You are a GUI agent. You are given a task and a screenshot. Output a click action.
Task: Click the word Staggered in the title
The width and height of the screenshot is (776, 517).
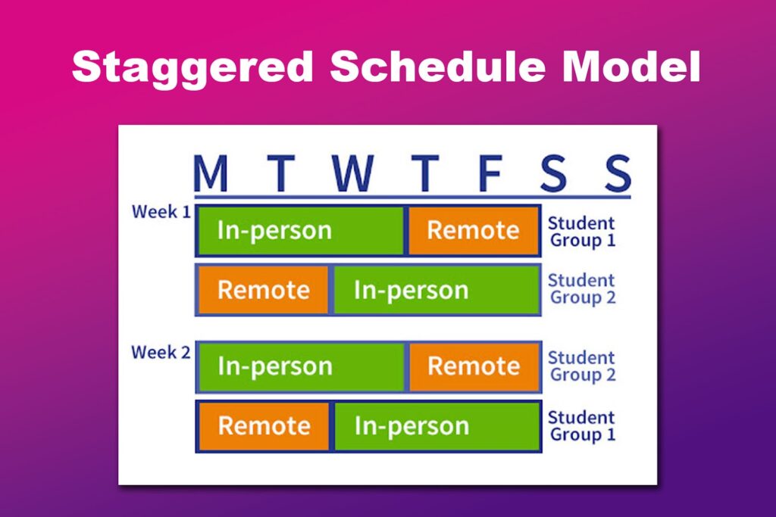pos(192,67)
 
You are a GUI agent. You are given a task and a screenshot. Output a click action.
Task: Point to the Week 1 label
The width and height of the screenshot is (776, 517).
pos(161,212)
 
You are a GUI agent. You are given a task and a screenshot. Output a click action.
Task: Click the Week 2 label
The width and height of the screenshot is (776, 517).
pos(161,352)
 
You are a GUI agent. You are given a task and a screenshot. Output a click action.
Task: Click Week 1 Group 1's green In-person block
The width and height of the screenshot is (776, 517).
pos(301,230)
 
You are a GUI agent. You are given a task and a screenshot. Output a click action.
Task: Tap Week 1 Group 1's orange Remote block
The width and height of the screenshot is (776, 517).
pos(474,230)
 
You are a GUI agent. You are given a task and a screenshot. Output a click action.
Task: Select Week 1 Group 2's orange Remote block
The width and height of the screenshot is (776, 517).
pos(264,290)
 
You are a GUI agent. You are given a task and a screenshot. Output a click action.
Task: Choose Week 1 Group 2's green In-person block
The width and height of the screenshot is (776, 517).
pos(436,290)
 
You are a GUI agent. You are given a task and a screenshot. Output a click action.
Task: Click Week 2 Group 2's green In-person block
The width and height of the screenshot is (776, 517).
pos(301,366)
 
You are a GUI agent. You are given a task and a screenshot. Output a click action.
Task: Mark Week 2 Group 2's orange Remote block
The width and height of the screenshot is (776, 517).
pos(474,366)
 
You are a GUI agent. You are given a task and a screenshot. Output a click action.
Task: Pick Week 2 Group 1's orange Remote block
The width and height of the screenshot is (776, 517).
pos(264,426)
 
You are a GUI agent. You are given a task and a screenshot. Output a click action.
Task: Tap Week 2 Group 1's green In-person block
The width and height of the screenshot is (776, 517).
pos(436,426)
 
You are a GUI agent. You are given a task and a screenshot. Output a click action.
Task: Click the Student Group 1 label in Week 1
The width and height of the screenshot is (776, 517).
pos(581,232)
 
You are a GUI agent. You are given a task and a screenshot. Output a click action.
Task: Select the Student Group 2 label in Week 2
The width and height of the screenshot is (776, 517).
pos(581,366)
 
